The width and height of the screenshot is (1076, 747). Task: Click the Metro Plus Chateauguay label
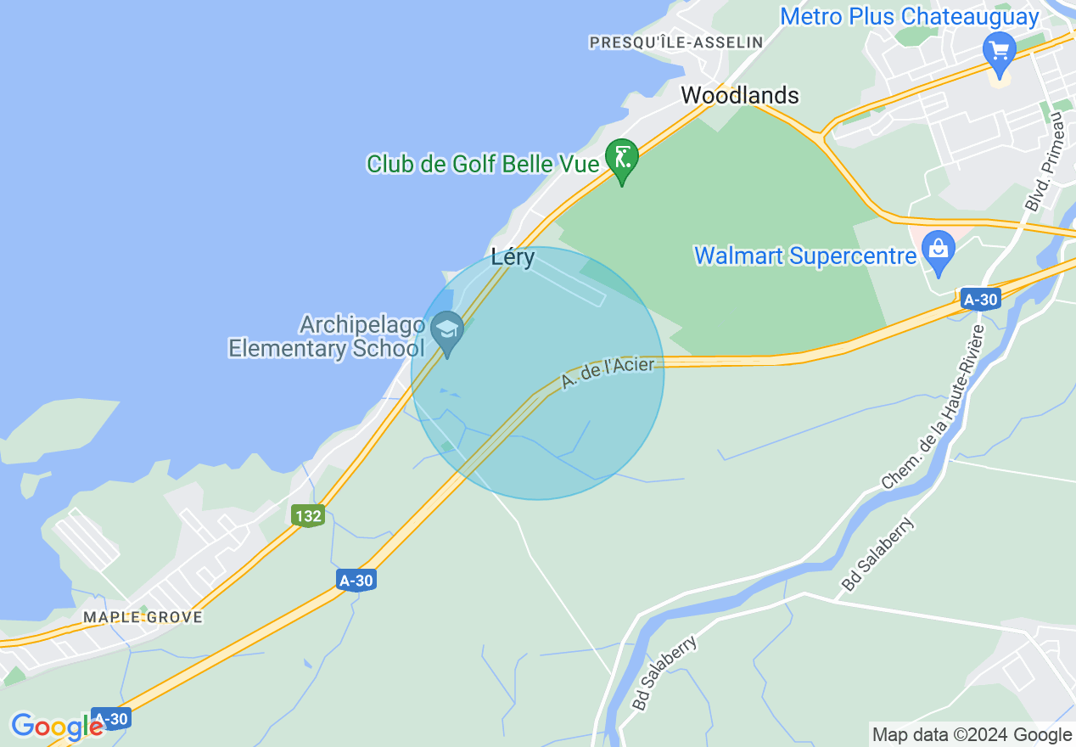pyautogui.click(x=909, y=16)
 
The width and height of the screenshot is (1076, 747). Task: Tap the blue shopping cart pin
pyautogui.click(x=999, y=50)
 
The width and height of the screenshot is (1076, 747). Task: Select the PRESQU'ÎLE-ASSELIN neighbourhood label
pyautogui.click(x=675, y=42)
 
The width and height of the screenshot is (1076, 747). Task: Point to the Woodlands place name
pyautogui.click(x=740, y=96)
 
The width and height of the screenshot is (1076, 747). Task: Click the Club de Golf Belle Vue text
pyautogui.click(x=483, y=164)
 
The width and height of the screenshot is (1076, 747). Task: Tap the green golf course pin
pyautogui.click(x=622, y=158)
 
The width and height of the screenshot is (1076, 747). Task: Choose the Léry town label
pyautogui.click(x=513, y=257)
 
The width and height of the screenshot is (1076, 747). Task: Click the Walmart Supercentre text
pyautogui.click(x=805, y=256)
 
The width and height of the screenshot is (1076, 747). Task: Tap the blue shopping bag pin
pyautogui.click(x=939, y=250)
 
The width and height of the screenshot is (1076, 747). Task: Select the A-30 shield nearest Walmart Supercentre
pyautogui.click(x=980, y=299)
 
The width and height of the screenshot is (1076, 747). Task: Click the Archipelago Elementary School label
pyautogui.click(x=327, y=336)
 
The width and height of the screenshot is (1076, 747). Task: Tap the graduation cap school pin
pyautogui.click(x=447, y=329)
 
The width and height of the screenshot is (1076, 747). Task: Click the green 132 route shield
pyautogui.click(x=308, y=515)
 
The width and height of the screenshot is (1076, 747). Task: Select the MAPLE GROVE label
pyautogui.click(x=143, y=617)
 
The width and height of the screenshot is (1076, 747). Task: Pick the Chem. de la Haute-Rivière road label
pyautogui.click(x=931, y=407)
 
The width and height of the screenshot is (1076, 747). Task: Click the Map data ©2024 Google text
pyautogui.click(x=972, y=735)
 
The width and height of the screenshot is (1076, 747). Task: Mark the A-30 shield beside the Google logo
pyautogui.click(x=111, y=717)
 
